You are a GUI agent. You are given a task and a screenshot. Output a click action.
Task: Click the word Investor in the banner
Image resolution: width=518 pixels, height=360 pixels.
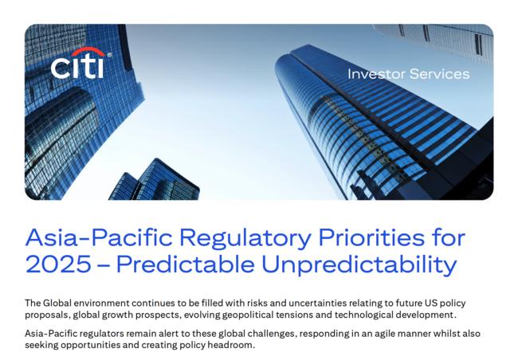[x=376, y=74]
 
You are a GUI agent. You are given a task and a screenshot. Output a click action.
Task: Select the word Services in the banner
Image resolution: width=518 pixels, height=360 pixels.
[x=439, y=74]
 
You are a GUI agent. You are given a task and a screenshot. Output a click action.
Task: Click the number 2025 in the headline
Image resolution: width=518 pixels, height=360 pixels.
[x=58, y=264]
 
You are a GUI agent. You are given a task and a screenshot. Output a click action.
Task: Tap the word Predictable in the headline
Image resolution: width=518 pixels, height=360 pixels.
[x=186, y=264]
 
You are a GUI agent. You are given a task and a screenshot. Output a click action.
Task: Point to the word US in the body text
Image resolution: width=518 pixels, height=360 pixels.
[x=431, y=303]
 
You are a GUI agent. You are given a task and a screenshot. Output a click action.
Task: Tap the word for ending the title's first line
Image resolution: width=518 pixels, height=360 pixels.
[x=449, y=237]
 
